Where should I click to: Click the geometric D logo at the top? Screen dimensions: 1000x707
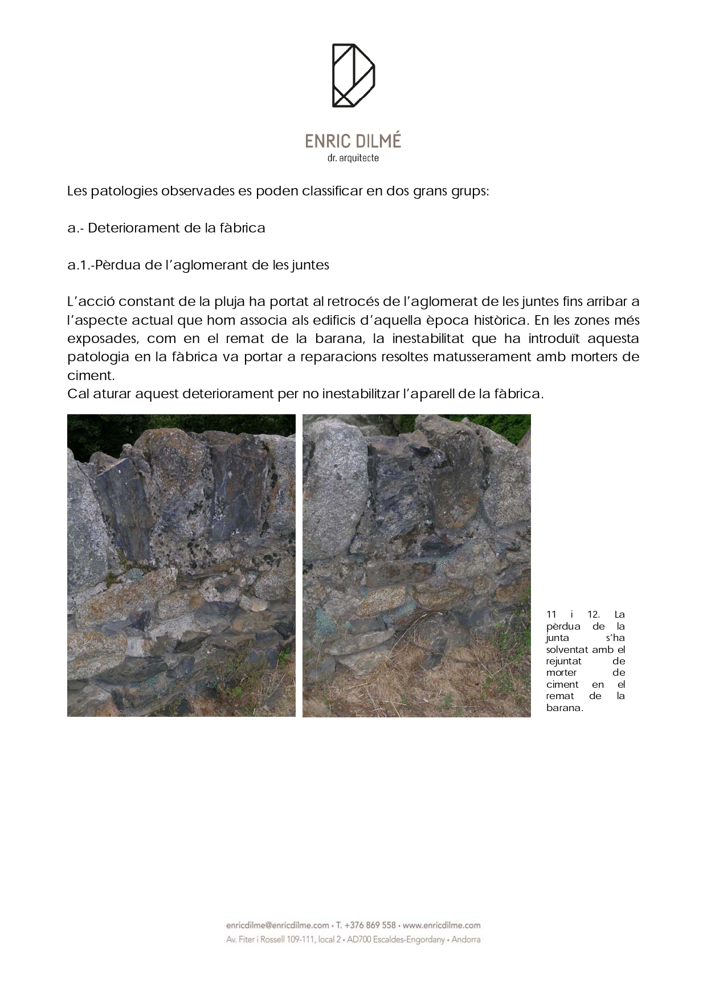[x=353, y=75]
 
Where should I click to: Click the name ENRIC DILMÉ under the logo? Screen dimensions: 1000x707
[x=353, y=141]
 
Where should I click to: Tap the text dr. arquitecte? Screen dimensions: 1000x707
[x=353, y=158]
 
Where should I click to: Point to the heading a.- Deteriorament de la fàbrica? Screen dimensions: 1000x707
[x=166, y=228]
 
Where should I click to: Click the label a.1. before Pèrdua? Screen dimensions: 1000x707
[x=79, y=265]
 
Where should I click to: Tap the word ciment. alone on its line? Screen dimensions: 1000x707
[x=91, y=375]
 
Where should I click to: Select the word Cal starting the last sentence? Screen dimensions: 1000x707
[x=77, y=394]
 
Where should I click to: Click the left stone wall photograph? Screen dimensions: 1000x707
[x=181, y=565]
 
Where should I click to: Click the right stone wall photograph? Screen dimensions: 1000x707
[x=416, y=565]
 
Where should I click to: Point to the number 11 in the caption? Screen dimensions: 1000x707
[x=551, y=614]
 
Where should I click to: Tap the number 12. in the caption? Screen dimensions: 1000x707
[x=594, y=614]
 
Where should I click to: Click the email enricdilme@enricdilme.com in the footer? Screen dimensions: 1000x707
[x=277, y=925]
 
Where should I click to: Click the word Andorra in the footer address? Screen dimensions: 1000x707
[x=466, y=940]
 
